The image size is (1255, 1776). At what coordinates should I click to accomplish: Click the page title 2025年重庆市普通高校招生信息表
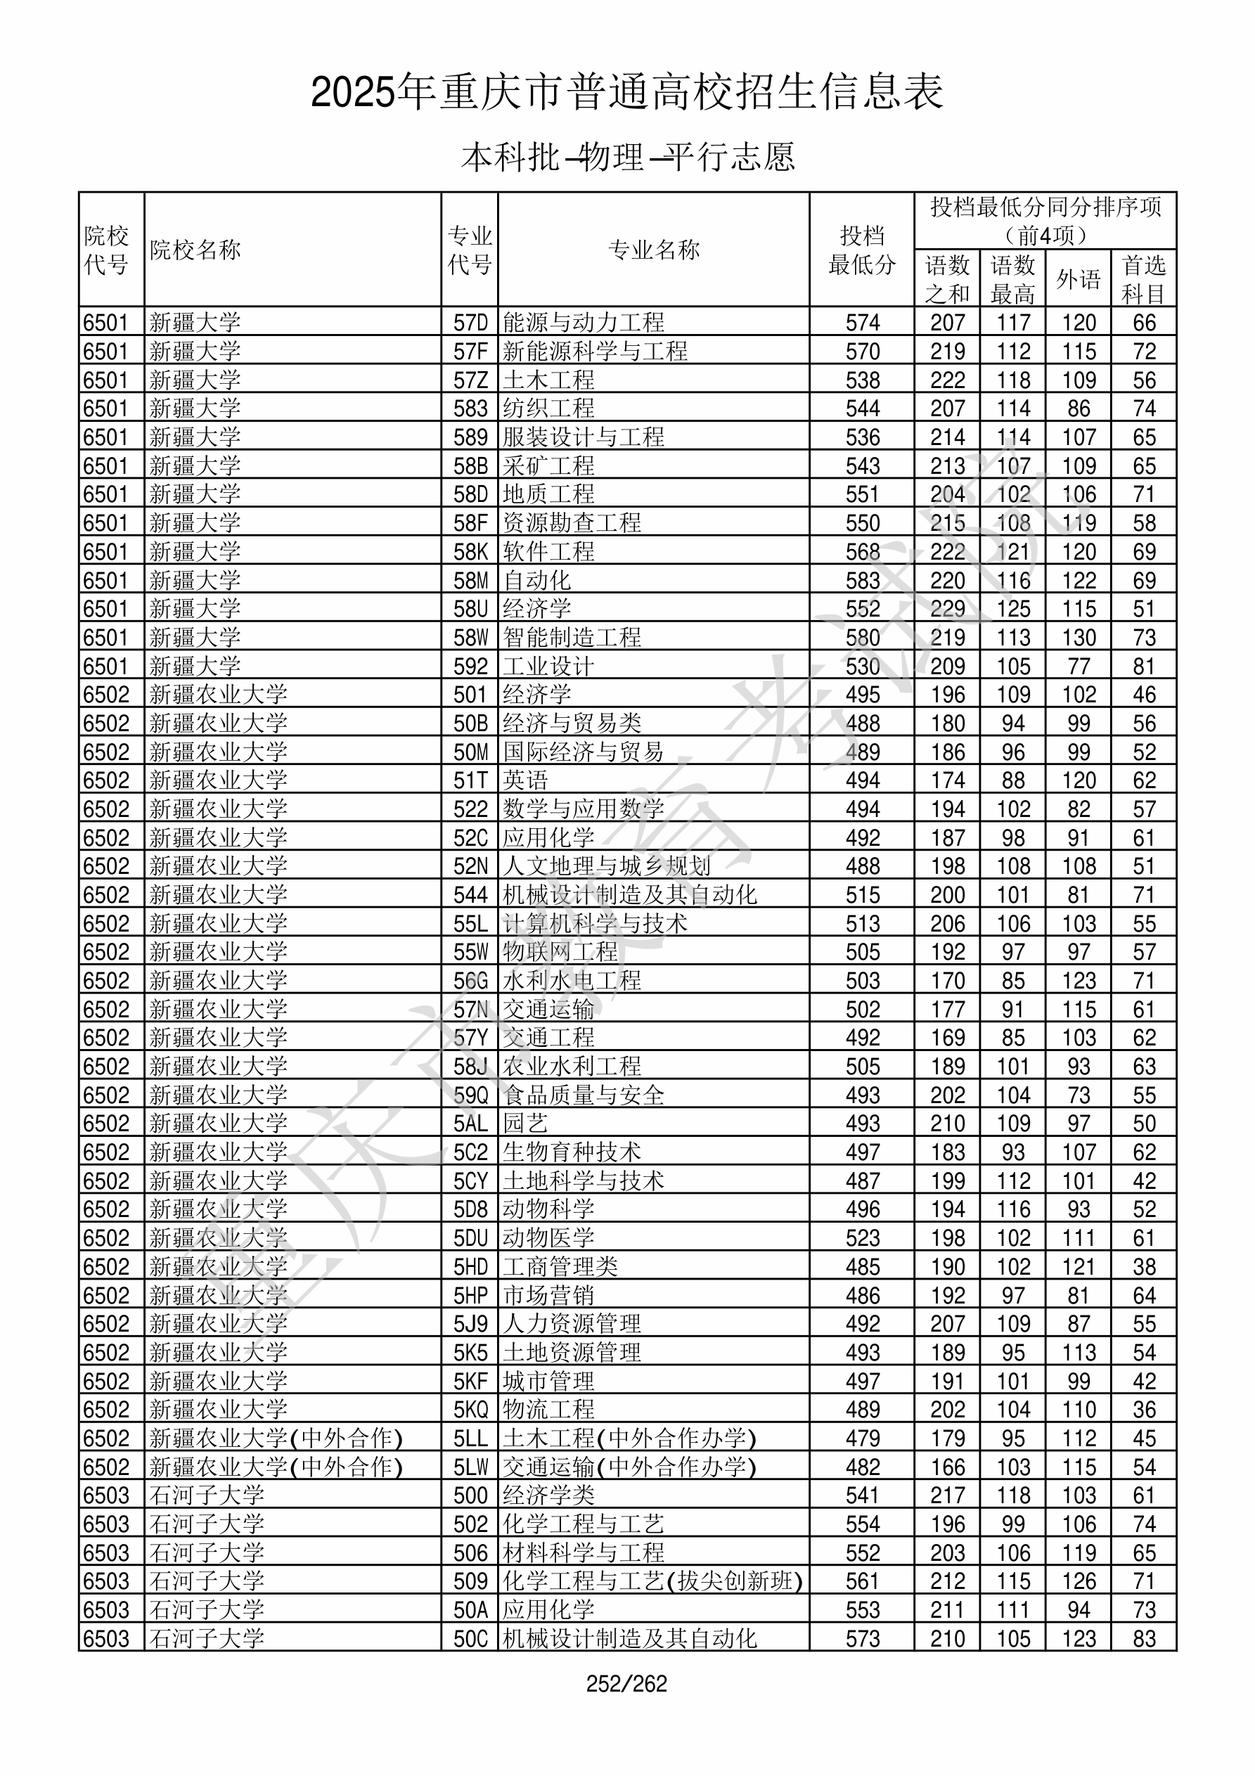626,93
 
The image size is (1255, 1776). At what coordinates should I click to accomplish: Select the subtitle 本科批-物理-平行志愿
626,157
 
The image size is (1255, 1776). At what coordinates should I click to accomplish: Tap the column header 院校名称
195,250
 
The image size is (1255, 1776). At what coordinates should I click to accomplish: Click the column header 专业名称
654,250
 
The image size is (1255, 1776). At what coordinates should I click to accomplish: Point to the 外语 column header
1078,279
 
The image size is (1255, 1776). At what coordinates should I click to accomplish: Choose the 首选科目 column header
1144,279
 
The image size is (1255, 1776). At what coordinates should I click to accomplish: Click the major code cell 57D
470,323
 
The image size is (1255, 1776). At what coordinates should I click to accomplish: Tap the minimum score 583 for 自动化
862,580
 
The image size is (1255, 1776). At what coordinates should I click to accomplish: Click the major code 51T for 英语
470,780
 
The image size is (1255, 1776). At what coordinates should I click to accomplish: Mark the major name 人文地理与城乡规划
607,866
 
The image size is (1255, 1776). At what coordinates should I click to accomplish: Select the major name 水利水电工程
572,981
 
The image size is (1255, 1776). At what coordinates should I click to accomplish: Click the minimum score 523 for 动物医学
862,1237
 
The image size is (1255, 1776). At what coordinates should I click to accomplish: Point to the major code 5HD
470,1266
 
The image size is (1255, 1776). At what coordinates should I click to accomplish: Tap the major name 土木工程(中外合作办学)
629,1438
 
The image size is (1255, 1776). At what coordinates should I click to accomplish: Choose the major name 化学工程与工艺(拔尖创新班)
652,1581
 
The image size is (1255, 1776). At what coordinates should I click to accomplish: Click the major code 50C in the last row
470,1638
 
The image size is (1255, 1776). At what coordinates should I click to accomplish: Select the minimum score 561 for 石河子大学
862,1581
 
